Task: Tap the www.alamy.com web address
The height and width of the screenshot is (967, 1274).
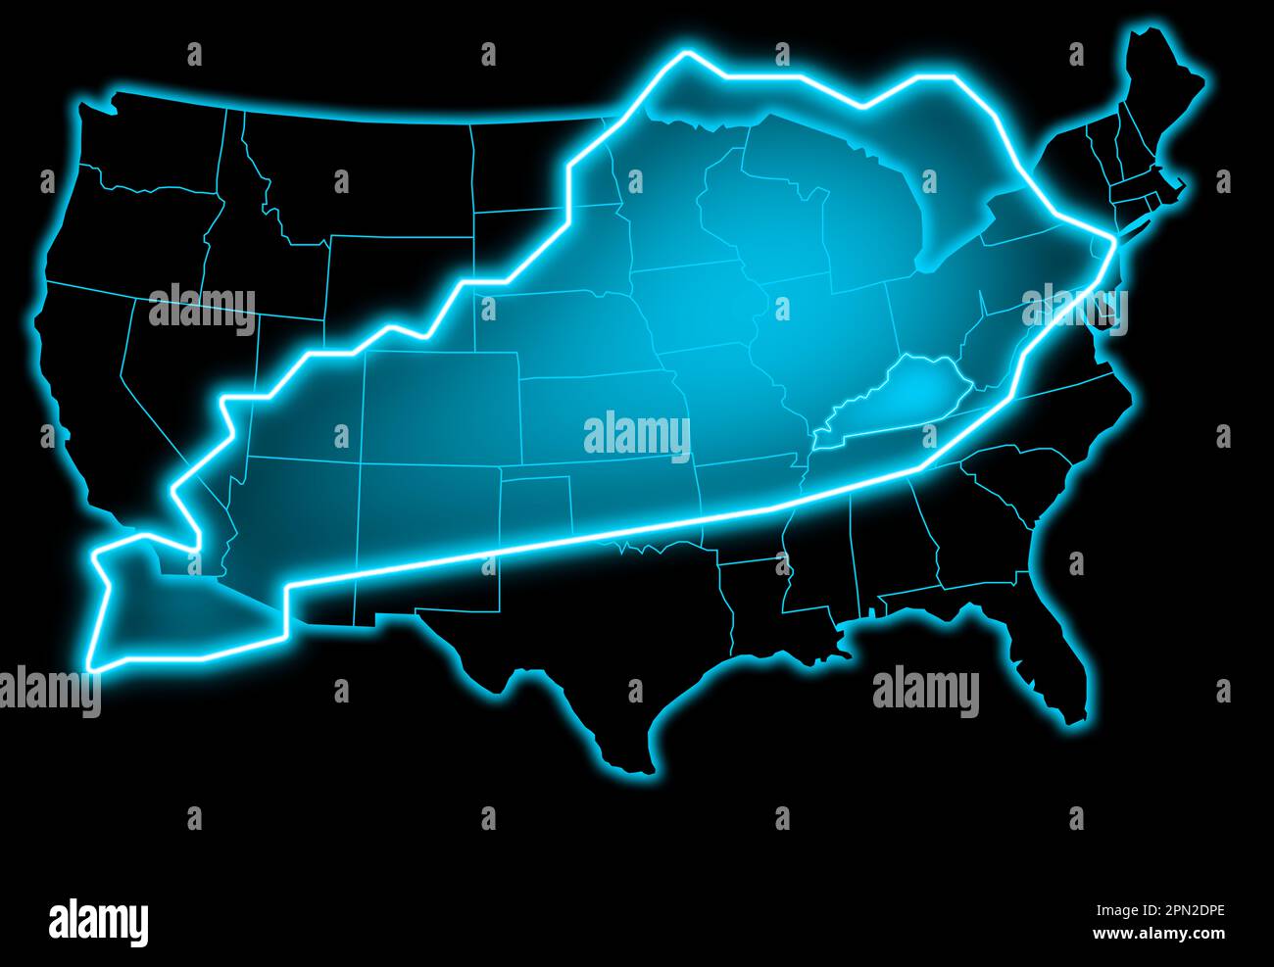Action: coord(1158,934)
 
